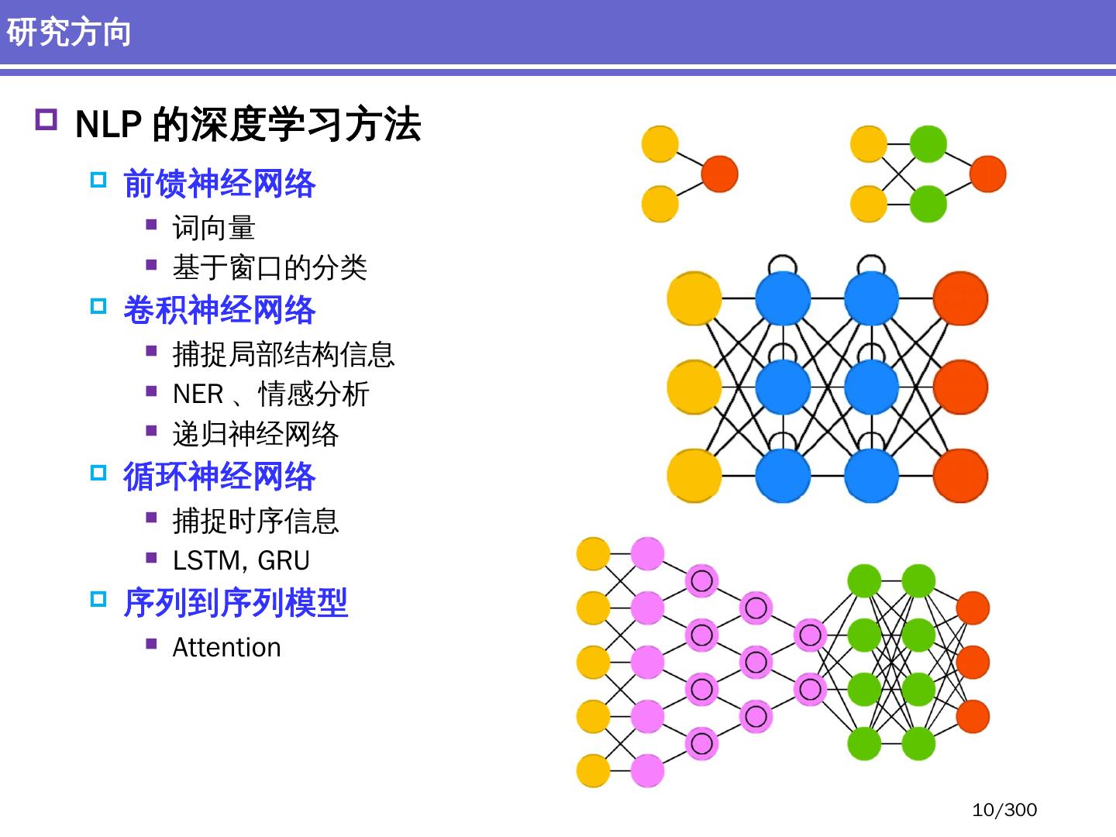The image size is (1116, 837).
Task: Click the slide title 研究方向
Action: [x=69, y=33]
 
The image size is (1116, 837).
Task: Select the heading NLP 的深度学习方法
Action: [x=248, y=124]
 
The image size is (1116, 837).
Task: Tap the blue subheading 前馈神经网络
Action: [x=219, y=184]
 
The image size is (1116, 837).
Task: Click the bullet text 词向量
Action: [x=214, y=228]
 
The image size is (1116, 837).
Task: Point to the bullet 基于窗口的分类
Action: [x=270, y=267]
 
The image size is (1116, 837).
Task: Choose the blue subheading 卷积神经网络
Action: [x=219, y=310]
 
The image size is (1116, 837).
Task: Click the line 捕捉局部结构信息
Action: [x=284, y=354]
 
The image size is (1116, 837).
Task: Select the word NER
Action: [x=198, y=394]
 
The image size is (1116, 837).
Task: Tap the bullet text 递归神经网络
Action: [x=256, y=434]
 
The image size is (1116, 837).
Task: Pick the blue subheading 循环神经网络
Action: [x=219, y=476]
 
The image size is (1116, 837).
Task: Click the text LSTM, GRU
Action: [x=241, y=560]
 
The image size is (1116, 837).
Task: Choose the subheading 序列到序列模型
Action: [x=236, y=603]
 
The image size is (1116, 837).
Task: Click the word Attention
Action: [x=226, y=647]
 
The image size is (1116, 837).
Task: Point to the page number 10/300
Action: [x=1004, y=810]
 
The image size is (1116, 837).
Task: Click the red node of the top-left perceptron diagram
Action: [x=719, y=174]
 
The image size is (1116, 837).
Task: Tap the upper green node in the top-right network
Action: [x=928, y=144]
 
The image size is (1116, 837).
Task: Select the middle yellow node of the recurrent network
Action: [x=694, y=387]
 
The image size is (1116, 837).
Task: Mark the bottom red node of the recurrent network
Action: [x=960, y=475]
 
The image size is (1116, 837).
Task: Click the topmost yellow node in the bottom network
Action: [x=594, y=553]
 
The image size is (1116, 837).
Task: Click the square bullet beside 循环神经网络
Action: [x=98, y=472]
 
